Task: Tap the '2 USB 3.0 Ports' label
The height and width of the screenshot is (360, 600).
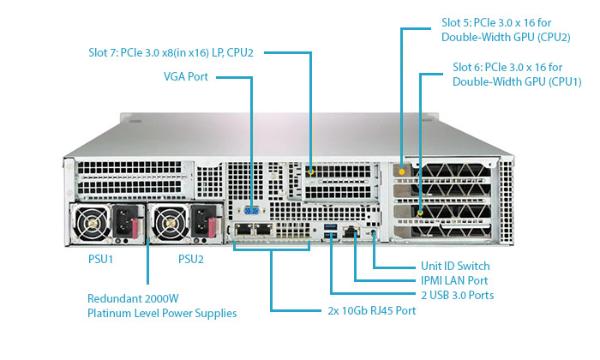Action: click(x=457, y=295)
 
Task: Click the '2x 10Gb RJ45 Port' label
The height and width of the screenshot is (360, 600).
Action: click(x=371, y=310)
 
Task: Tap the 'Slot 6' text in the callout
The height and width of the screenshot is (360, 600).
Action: click(x=468, y=67)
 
